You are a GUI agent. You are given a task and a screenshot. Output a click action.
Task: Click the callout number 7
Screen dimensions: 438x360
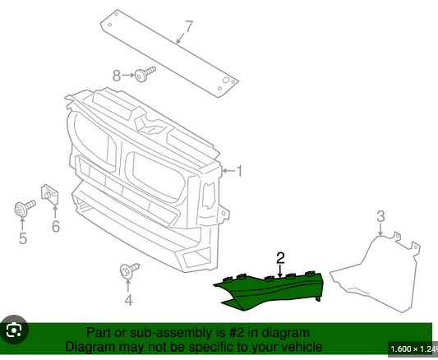pyautogui.click(x=189, y=26)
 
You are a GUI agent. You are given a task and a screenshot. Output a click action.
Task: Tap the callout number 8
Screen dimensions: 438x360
pyautogui.click(x=117, y=76)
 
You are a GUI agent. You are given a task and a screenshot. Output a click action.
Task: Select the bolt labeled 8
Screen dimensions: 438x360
pyautogui.click(x=145, y=74)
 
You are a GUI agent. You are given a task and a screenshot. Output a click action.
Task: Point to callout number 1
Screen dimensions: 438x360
pyautogui.click(x=239, y=171)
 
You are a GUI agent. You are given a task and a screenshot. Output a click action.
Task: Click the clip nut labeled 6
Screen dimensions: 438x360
pyautogui.click(x=50, y=195)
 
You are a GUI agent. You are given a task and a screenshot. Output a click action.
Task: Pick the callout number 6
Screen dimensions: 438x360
pyautogui.click(x=56, y=226)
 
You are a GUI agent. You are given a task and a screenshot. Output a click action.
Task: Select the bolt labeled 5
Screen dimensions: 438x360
pyautogui.click(x=25, y=208)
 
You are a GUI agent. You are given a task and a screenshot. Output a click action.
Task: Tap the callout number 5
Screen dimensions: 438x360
pyautogui.click(x=23, y=238)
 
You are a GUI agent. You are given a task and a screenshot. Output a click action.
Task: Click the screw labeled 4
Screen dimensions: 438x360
pyautogui.click(x=129, y=270)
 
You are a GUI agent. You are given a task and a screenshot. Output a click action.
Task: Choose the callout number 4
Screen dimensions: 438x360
pyautogui.click(x=128, y=300)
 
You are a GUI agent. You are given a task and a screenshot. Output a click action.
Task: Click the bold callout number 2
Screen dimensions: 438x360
pyautogui.click(x=280, y=258)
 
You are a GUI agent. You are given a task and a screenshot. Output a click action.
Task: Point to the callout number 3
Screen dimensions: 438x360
pyautogui.click(x=380, y=216)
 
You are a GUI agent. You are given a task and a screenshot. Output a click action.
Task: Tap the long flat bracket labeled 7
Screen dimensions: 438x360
pyautogui.click(x=169, y=53)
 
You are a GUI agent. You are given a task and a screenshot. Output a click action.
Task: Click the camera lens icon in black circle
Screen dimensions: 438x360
pyautogui.click(x=14, y=330)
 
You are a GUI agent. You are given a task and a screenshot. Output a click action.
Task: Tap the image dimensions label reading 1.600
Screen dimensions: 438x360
pyautogui.click(x=400, y=349)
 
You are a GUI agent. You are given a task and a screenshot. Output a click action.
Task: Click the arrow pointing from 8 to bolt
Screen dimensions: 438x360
pyautogui.click(x=128, y=75)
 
